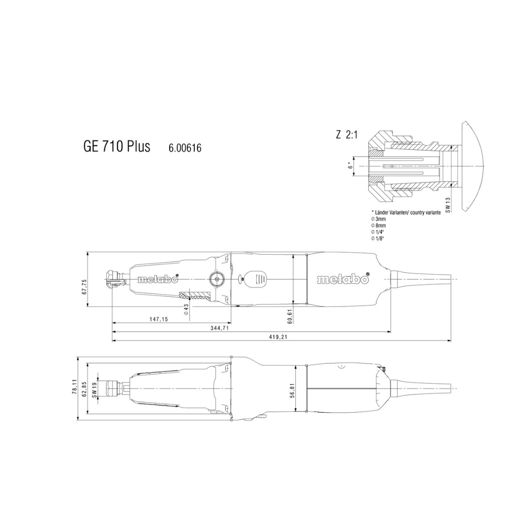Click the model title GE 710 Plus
pos(116,146)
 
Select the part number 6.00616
pos(185,147)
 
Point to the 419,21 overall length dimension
pos(278,337)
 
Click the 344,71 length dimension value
pos(220,328)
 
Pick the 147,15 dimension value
pos(159,319)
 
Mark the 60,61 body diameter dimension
pos(290,316)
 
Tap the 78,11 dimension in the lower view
pos(74,387)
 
